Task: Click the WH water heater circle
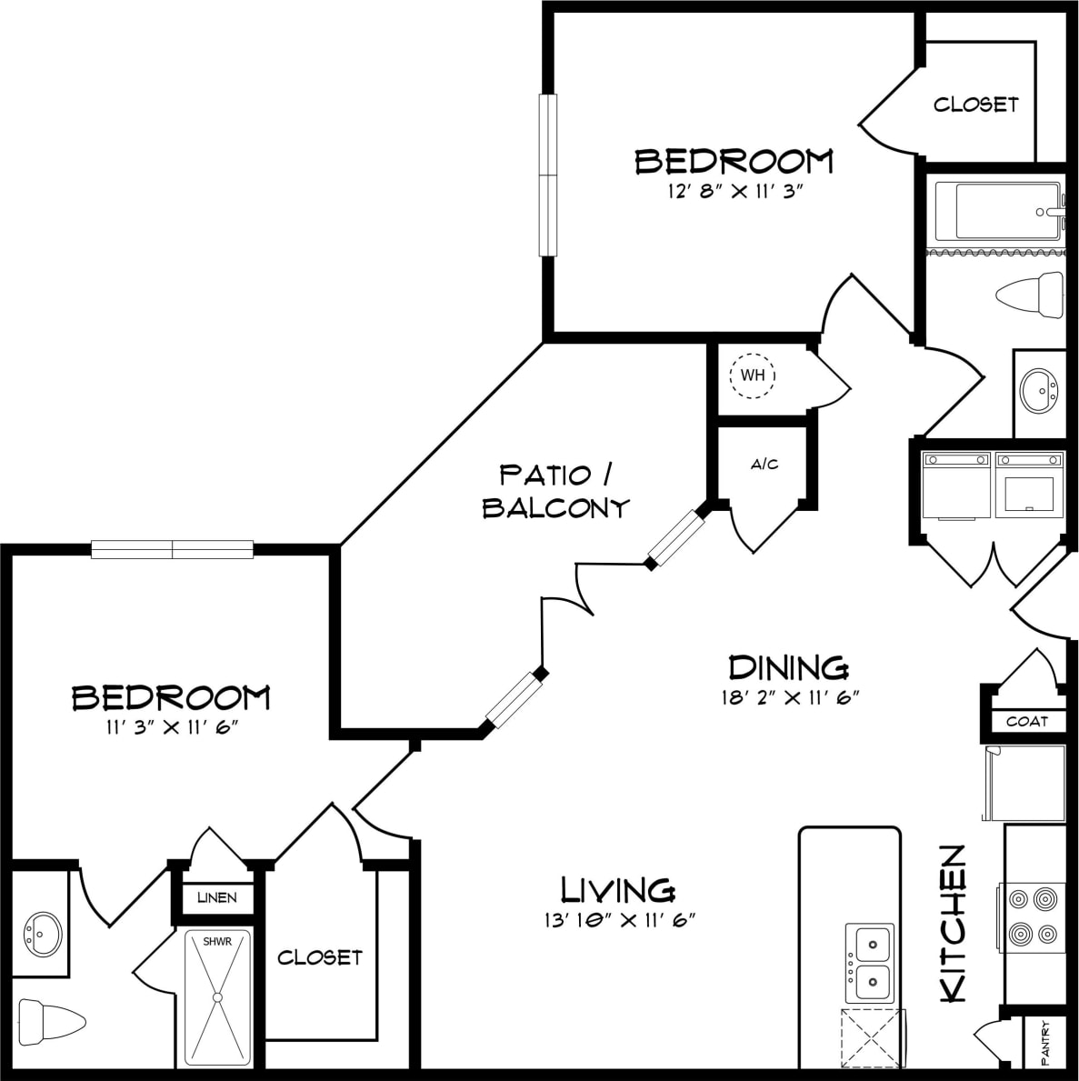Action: (752, 375)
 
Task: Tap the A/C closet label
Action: (764, 465)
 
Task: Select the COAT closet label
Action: (1027, 721)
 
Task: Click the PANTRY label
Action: (1046, 1042)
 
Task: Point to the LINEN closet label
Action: (217, 897)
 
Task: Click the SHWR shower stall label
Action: (216, 942)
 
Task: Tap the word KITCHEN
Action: (953, 924)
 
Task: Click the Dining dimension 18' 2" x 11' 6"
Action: (787, 698)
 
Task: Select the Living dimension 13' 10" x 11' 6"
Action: (618, 920)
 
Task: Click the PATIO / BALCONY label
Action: (555, 491)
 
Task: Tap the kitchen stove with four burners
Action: (1033, 916)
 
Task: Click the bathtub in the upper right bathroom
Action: (997, 211)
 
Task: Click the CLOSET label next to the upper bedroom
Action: (975, 105)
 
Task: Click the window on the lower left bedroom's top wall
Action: (172, 549)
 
